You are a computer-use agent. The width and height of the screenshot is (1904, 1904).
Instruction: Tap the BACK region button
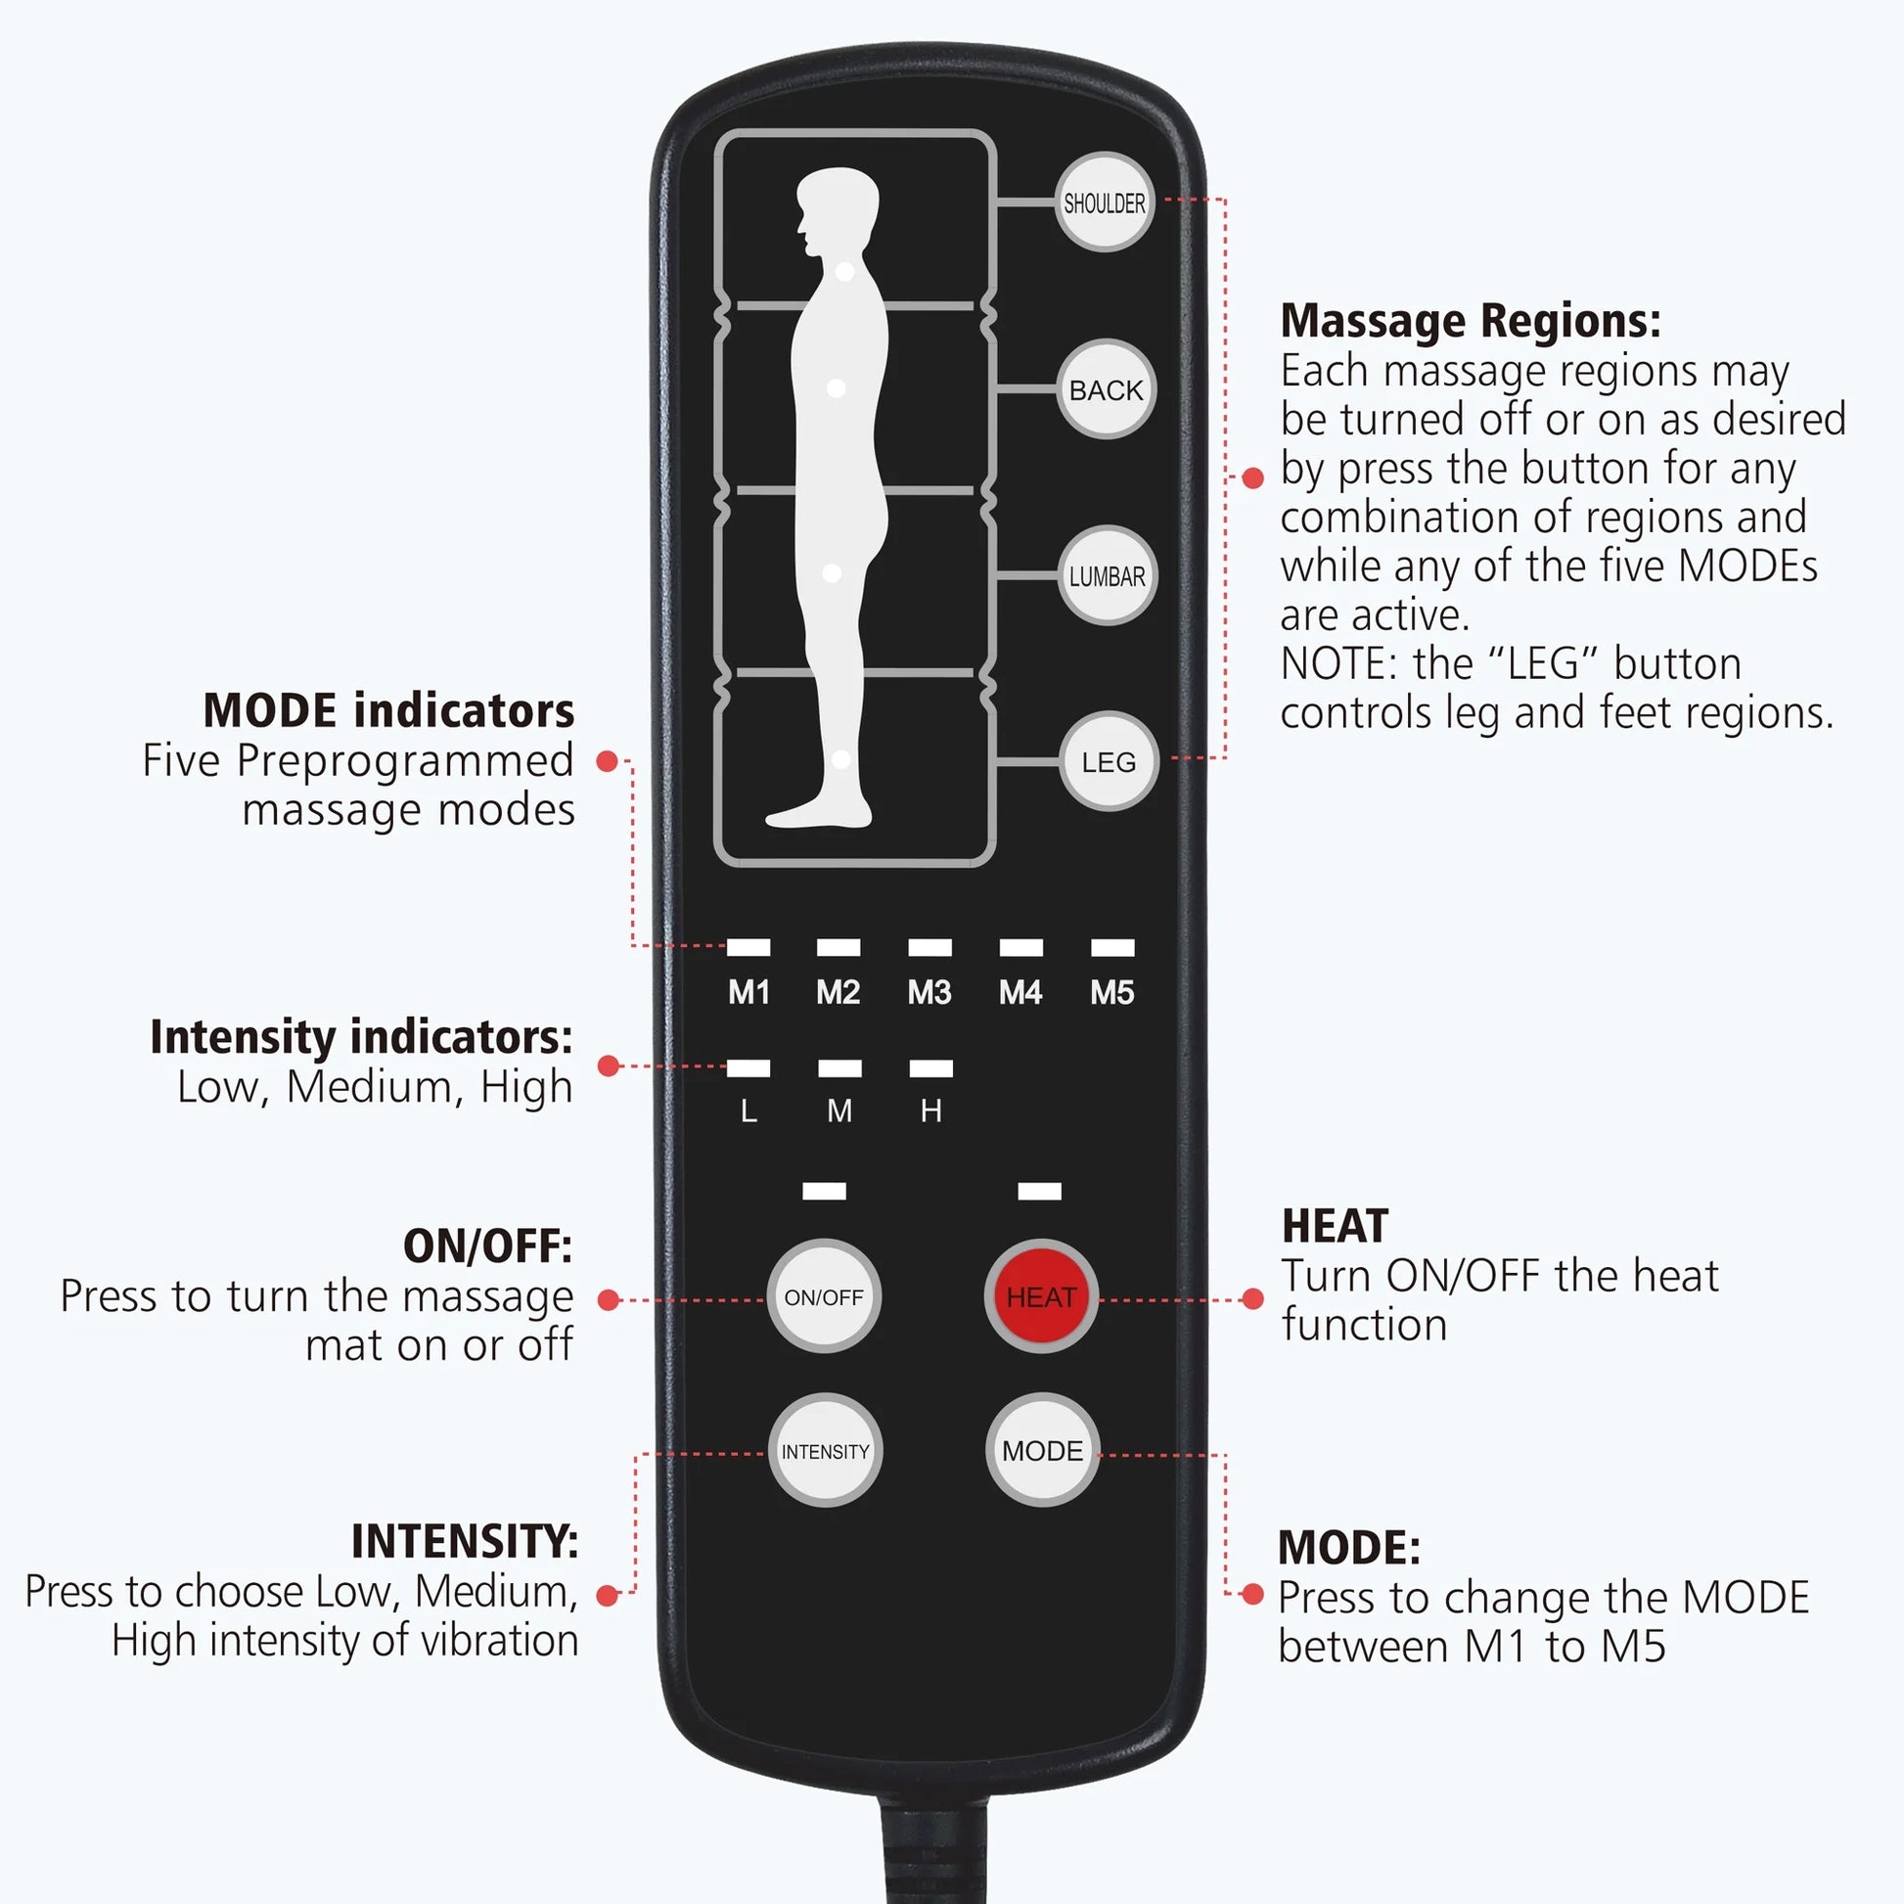point(1106,390)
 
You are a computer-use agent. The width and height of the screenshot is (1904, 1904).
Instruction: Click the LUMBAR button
point(1107,576)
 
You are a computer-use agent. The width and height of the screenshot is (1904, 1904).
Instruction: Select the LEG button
point(1108,762)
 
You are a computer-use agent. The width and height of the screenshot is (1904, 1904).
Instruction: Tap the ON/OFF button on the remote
point(824,1297)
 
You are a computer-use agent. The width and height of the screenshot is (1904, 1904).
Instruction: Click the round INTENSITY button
point(825,1451)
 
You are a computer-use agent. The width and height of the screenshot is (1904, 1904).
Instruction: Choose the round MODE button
point(1042,1451)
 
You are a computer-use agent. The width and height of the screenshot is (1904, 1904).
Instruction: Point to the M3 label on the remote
point(929,992)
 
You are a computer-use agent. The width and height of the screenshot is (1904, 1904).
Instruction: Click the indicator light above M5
point(1112,947)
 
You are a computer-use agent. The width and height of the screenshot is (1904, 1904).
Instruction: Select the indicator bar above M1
point(748,947)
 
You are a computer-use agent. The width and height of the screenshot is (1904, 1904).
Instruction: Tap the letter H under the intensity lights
point(930,1111)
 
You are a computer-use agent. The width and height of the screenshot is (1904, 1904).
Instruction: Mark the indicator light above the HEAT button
point(1039,1192)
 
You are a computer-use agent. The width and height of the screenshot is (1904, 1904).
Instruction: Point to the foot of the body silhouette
point(818,814)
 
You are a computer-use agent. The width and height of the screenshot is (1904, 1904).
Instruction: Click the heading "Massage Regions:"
point(1470,321)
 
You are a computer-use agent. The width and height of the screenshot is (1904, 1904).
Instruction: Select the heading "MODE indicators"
point(388,710)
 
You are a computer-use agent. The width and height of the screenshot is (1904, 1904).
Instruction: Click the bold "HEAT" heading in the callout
point(1335,1227)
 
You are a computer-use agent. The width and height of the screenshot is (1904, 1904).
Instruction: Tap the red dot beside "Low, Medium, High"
point(608,1065)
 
